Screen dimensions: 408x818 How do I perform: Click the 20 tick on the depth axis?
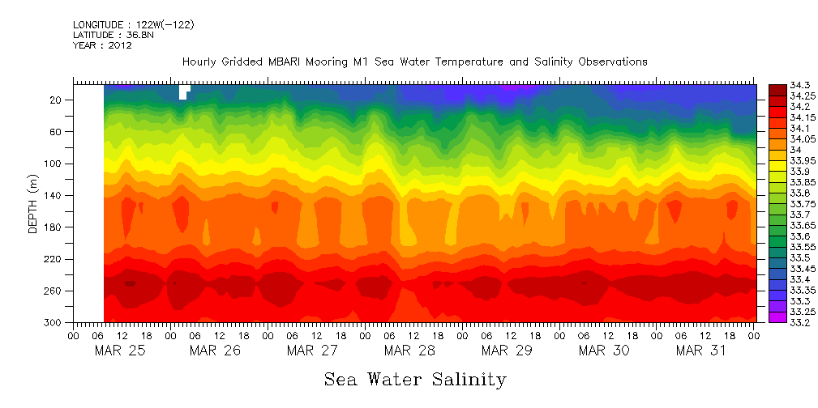[56, 100]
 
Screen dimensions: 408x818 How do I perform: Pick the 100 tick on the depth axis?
[54, 164]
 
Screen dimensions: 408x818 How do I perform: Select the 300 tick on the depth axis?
[54, 323]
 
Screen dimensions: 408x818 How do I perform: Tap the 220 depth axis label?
[54, 259]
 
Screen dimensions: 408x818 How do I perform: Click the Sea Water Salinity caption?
[415, 380]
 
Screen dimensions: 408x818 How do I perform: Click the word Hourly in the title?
[199, 62]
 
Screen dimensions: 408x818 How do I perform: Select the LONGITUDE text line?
[133, 24]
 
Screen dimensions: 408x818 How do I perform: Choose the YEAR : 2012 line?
[102, 45]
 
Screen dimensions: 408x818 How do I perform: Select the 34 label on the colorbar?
[794, 150]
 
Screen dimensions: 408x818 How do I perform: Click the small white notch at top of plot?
[184, 91]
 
